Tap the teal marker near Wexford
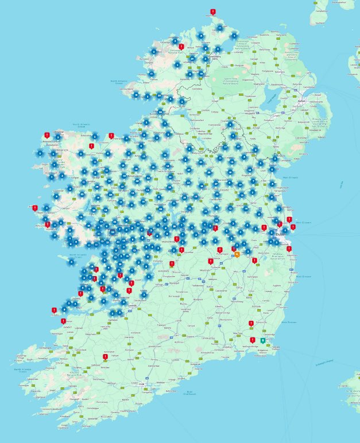pyautogui.click(x=263, y=340)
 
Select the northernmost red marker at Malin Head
pyautogui.click(x=213, y=11)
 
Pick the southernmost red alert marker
pyautogui.click(x=106, y=356)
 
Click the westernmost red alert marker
pyautogui.click(x=35, y=208)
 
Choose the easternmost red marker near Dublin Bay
pyautogui.click(x=293, y=227)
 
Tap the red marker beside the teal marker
pyautogui.click(x=253, y=340)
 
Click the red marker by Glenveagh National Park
pyautogui.click(x=181, y=46)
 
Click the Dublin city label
pyautogui.click(x=281, y=234)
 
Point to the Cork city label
pyautogui.click(x=142, y=384)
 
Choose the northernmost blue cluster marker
pyautogui.click(x=220, y=28)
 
